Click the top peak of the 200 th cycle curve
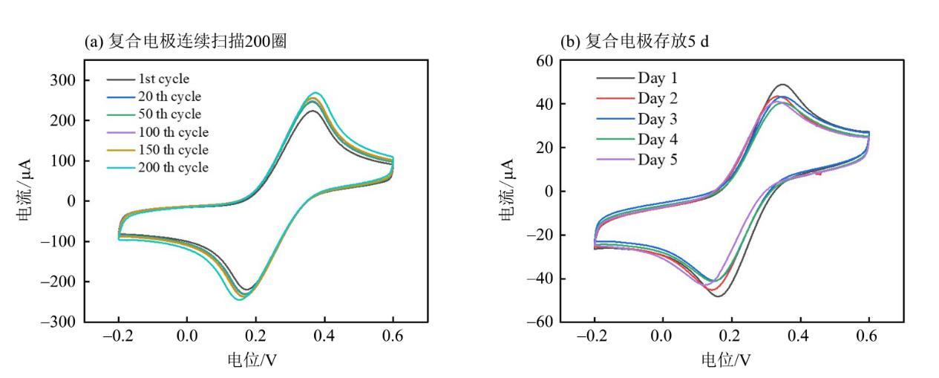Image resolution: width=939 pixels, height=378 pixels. (x=315, y=93)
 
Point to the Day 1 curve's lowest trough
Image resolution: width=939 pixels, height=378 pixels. (x=718, y=296)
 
